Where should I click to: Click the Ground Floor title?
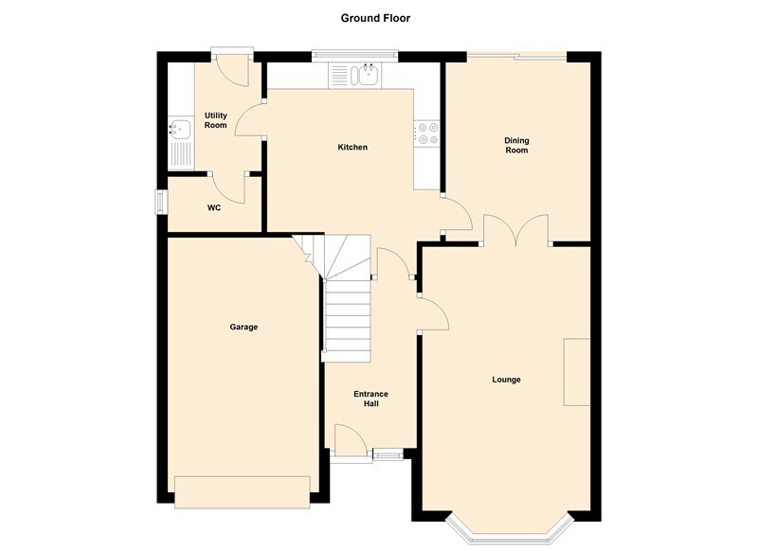(375, 18)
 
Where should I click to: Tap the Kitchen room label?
(352, 148)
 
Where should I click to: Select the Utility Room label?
(216, 120)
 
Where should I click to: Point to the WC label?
(214, 207)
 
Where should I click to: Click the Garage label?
(244, 327)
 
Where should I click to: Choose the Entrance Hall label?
(370, 399)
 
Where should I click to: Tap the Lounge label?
(506, 380)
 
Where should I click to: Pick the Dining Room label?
(516, 146)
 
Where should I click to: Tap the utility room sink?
(179, 129)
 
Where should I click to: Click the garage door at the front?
(243, 492)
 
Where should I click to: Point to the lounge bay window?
(511, 534)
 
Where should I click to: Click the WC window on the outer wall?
(160, 202)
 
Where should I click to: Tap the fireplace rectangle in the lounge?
(577, 372)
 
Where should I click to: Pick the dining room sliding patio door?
(516, 57)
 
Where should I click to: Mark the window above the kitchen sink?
(354, 56)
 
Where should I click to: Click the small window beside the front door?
(388, 454)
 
